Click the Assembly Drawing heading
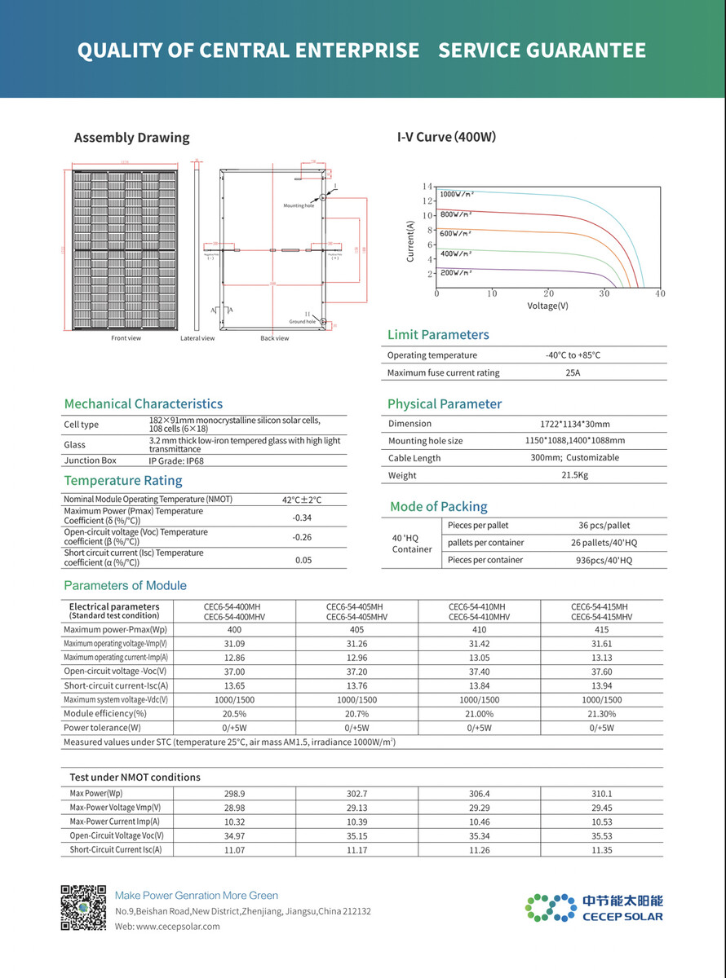[131, 138]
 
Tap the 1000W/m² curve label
[457, 195]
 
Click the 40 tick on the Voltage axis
[659, 293]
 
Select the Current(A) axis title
[410, 241]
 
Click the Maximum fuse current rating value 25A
[573, 372]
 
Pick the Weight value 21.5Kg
[574, 475]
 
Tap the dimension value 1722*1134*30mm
[574, 424]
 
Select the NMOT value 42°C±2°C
[302, 500]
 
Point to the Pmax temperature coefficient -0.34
[302, 518]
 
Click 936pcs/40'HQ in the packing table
[604, 560]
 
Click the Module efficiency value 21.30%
[602, 713]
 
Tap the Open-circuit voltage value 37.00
[234, 672]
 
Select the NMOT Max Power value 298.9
[234, 793]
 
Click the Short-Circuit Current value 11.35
[602, 850]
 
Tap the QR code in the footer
[84, 906]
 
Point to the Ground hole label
[302, 322]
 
